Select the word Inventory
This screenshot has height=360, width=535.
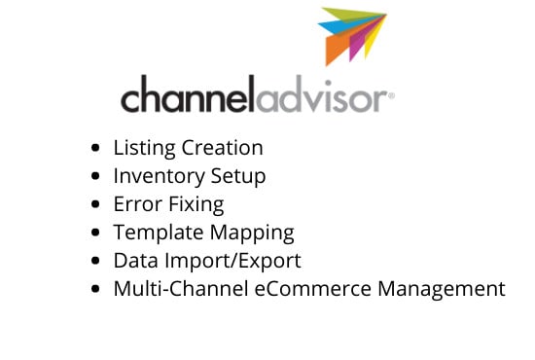pyautogui.click(x=156, y=177)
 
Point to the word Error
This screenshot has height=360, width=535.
pyautogui.click(x=135, y=205)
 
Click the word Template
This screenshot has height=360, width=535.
pyautogui.click(x=156, y=234)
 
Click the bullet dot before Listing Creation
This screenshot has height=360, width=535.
pyautogui.click(x=94, y=149)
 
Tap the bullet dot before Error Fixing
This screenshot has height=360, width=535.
pyautogui.click(x=94, y=205)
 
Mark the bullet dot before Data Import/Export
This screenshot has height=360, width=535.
pyautogui.click(x=94, y=262)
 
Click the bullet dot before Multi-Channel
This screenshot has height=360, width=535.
pyautogui.click(x=94, y=290)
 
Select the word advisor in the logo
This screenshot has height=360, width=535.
pyautogui.click(x=323, y=97)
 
